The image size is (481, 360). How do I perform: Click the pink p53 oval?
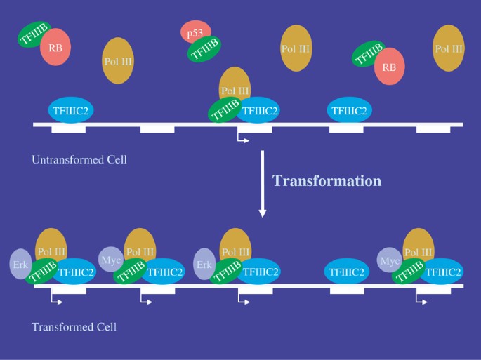pyautogui.click(x=196, y=31)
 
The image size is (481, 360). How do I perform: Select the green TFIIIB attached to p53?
pyautogui.click(x=204, y=49)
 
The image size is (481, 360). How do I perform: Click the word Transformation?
pyautogui.click(x=327, y=180)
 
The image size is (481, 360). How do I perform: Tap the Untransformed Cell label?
pyautogui.click(x=79, y=160)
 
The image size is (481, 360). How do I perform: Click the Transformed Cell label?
pyautogui.click(x=74, y=327)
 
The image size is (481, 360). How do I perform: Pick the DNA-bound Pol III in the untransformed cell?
pyautogui.click(x=235, y=86)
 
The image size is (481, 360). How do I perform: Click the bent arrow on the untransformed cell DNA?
pyautogui.click(x=242, y=139)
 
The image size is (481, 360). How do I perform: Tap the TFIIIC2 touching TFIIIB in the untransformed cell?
pyautogui.click(x=260, y=110)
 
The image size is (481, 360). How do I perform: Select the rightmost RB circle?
pyautogui.click(x=388, y=67)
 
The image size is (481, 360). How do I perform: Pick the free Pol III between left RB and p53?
pyautogui.click(x=118, y=61)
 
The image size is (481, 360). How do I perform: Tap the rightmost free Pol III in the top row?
pyautogui.click(x=449, y=48)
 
